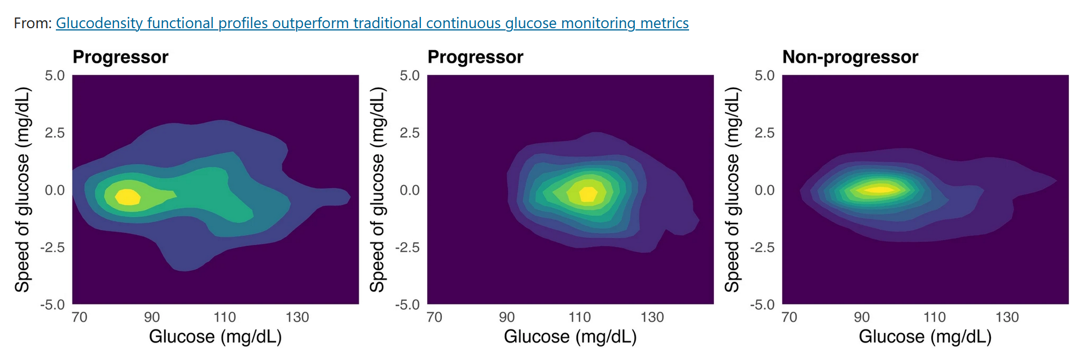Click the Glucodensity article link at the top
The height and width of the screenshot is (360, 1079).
point(372,23)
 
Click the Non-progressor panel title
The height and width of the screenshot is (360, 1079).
point(850,57)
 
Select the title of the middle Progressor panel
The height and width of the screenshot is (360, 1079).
point(475,57)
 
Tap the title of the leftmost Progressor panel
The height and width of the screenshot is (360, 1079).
point(120,57)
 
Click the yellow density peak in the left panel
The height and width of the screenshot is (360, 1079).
point(128,197)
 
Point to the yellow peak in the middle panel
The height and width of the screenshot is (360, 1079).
point(588,194)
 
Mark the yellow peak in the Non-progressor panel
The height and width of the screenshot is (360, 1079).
point(879,189)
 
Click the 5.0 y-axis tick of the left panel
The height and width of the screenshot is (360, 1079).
point(55,76)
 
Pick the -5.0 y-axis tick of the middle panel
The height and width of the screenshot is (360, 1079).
point(407,305)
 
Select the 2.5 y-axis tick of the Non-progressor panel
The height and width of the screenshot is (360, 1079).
point(765,133)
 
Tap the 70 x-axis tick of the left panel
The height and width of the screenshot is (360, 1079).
point(80,317)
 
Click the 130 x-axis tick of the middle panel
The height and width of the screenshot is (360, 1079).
point(652,317)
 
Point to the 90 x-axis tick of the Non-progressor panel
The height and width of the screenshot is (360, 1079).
point(862,317)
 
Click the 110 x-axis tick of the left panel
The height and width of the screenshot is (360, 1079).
point(225,317)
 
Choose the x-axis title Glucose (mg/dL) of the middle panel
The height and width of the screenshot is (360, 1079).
point(570,337)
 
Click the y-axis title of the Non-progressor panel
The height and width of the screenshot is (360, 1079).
point(731,190)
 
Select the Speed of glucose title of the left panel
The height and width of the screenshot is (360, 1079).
point(22,190)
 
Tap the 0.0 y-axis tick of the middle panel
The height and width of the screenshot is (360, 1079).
point(410,190)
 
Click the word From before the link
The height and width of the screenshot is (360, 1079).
point(32,23)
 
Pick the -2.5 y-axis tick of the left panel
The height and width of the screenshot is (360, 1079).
point(52,248)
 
